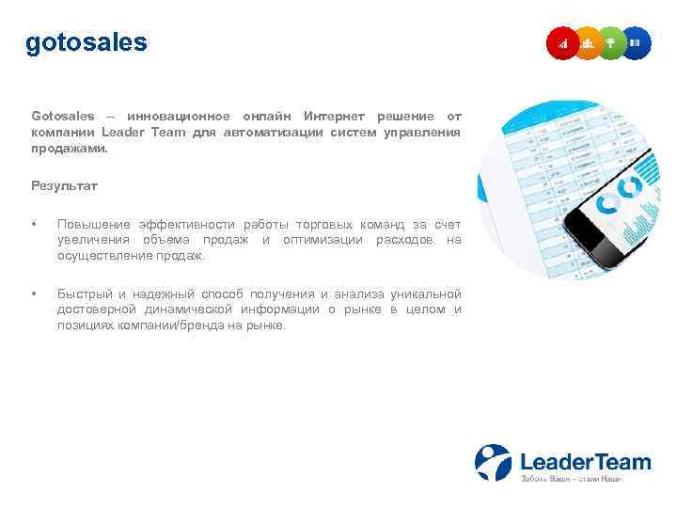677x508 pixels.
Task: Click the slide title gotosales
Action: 87,43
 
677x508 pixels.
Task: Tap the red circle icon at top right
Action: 563,43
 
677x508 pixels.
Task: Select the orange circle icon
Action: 588,43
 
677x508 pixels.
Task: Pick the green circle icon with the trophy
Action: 611,43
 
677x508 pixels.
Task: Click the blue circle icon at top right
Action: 636,43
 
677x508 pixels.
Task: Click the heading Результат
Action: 64,186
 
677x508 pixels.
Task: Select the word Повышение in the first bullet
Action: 93,224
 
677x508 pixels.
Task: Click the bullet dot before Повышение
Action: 34,224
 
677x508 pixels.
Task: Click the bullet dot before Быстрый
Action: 34,294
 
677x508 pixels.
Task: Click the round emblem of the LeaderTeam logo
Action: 493,462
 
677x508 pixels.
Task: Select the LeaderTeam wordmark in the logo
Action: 585,461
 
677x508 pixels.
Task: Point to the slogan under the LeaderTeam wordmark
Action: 571,479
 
